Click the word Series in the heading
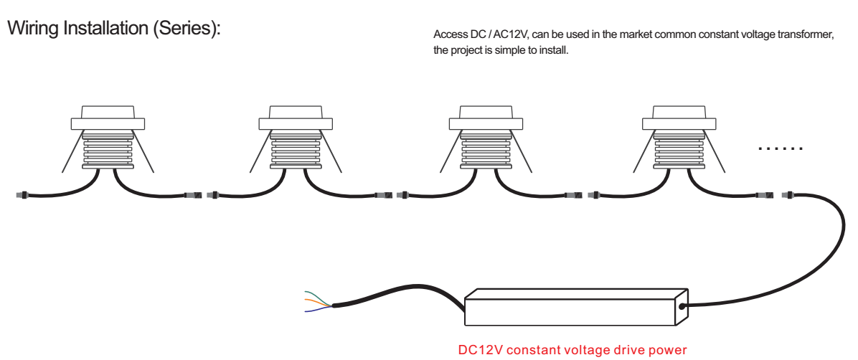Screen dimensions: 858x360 (184, 29)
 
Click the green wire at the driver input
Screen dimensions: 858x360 (317, 299)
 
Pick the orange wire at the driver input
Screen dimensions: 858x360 (318, 303)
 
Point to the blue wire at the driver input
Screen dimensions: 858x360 (318, 309)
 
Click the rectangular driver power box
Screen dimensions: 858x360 (575, 306)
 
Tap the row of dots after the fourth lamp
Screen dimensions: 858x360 (781, 148)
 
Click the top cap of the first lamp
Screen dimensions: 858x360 (108, 112)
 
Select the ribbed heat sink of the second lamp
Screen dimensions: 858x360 (296, 149)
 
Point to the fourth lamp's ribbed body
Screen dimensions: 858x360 (679, 149)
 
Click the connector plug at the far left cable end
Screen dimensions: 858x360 (22, 194)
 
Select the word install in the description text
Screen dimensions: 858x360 (555, 51)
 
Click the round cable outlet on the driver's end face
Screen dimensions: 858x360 (682, 306)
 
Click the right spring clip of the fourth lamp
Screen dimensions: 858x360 (715, 151)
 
